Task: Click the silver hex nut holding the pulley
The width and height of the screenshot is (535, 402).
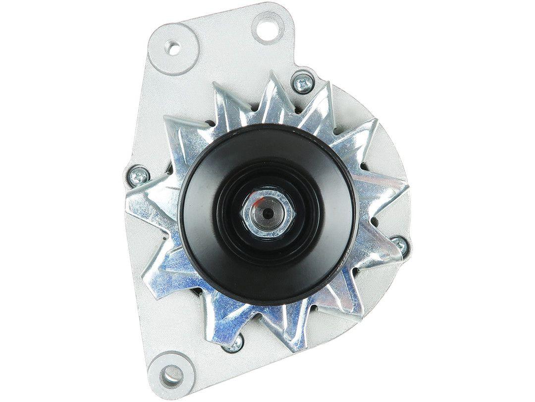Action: (267, 212)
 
